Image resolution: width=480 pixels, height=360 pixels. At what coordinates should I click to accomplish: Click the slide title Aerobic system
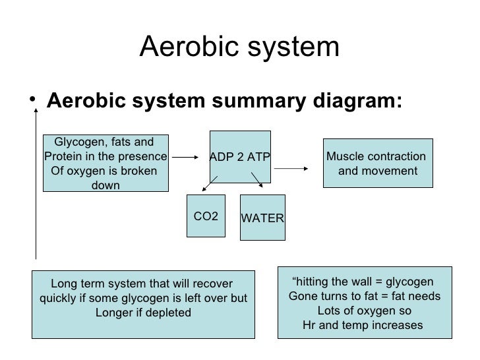click(x=240, y=47)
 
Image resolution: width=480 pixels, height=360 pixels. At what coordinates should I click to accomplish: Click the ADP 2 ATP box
click(x=240, y=156)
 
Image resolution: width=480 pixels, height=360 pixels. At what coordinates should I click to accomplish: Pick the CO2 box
click(x=206, y=216)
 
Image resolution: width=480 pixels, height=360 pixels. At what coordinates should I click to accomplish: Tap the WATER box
click(x=262, y=218)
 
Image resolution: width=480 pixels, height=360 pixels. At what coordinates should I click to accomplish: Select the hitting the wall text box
click(x=365, y=301)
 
